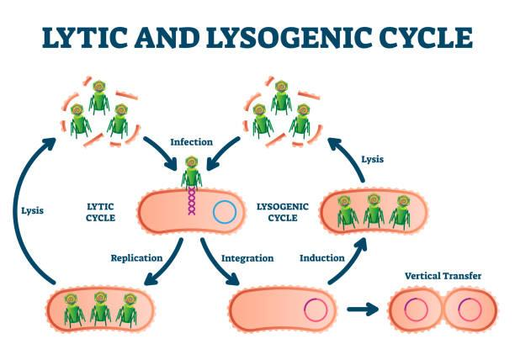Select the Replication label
pos(137,257)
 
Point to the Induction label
pos(321,257)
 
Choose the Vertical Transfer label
pos(443,274)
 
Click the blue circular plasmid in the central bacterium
pos(224,211)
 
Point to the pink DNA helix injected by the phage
pos(193,203)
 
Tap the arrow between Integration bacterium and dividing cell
pos(361,310)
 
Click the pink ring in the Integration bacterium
pos(316,310)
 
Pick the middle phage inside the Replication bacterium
pos(100,308)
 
